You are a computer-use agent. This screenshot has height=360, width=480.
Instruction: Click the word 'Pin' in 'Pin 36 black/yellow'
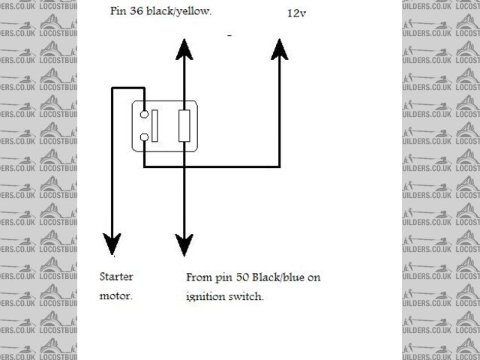[118, 12]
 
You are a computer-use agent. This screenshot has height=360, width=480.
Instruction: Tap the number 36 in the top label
[138, 12]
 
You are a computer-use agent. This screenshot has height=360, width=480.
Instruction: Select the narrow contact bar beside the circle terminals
[155, 125]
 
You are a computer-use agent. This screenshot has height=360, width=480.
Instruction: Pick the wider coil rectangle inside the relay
[184, 125]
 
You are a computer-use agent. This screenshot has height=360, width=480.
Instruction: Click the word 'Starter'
[116, 276]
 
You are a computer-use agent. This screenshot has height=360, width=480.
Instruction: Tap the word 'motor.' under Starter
[116, 295]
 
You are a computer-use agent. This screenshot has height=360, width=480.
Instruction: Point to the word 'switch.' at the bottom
[248, 296]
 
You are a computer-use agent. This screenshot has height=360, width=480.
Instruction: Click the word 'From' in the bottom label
[198, 277]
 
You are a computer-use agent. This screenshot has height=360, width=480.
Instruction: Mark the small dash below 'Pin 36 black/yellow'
[229, 35]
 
